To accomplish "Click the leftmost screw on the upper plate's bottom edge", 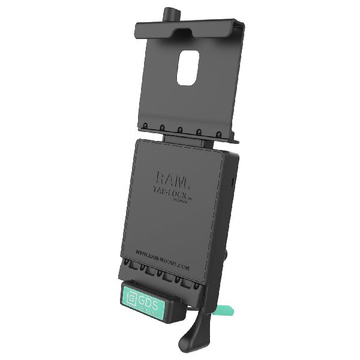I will [x=144, y=126].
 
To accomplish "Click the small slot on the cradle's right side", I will [x=233, y=181].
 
